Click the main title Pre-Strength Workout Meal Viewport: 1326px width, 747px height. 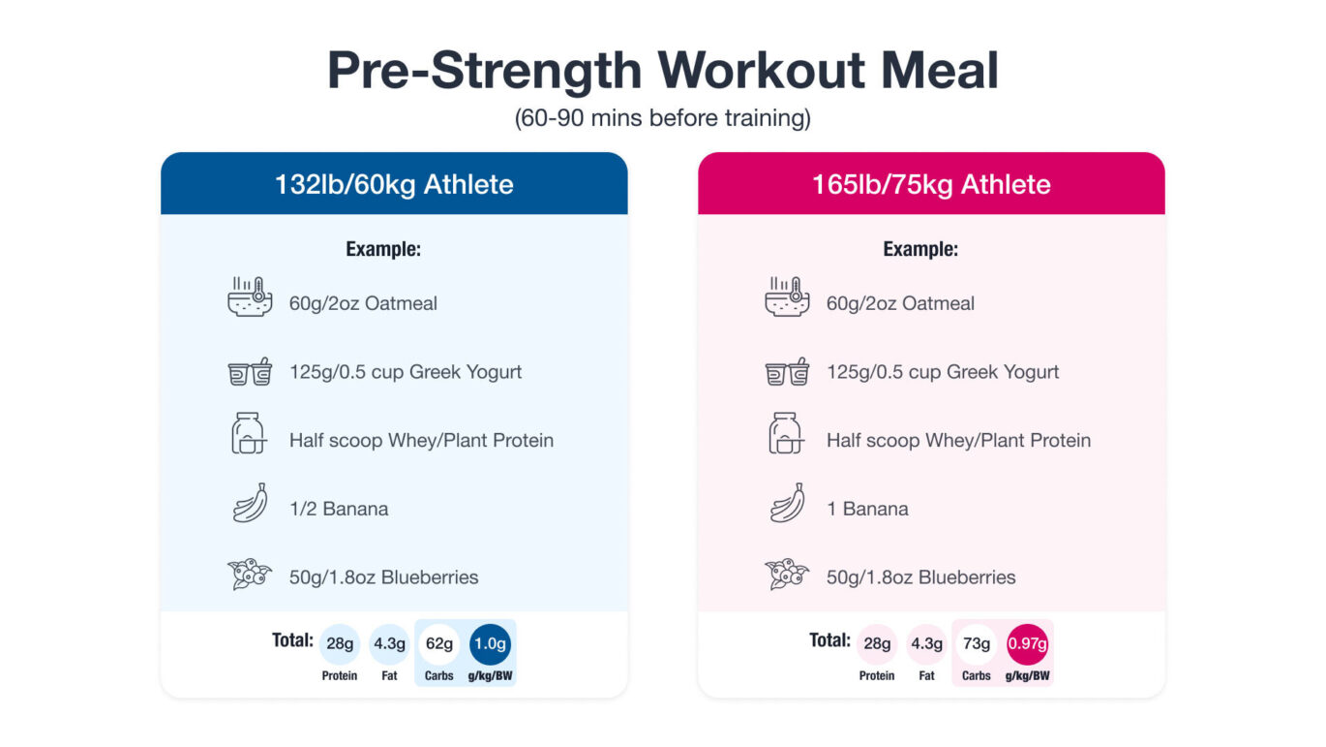[662, 70]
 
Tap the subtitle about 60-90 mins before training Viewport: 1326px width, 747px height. [662, 118]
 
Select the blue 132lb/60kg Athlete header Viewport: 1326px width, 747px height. [394, 184]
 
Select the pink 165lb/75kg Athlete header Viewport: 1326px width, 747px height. [931, 184]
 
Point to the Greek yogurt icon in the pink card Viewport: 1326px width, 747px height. [787, 372]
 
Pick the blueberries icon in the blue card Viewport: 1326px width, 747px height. [250, 574]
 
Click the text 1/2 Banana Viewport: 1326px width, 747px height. [339, 509]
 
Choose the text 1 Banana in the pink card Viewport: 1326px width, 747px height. [867, 509]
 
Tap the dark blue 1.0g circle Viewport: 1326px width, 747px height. [490, 643]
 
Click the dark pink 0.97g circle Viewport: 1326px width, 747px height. [1027, 643]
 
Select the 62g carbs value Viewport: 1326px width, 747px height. [439, 643]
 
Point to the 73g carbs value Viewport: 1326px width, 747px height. [977, 643]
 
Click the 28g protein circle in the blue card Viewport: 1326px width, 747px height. [340, 643]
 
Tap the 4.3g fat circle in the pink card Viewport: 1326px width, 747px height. [926, 643]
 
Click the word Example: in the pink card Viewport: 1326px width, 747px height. [920, 249]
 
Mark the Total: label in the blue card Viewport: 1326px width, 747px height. [292, 640]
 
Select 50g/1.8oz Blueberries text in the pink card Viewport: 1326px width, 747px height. [920, 577]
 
